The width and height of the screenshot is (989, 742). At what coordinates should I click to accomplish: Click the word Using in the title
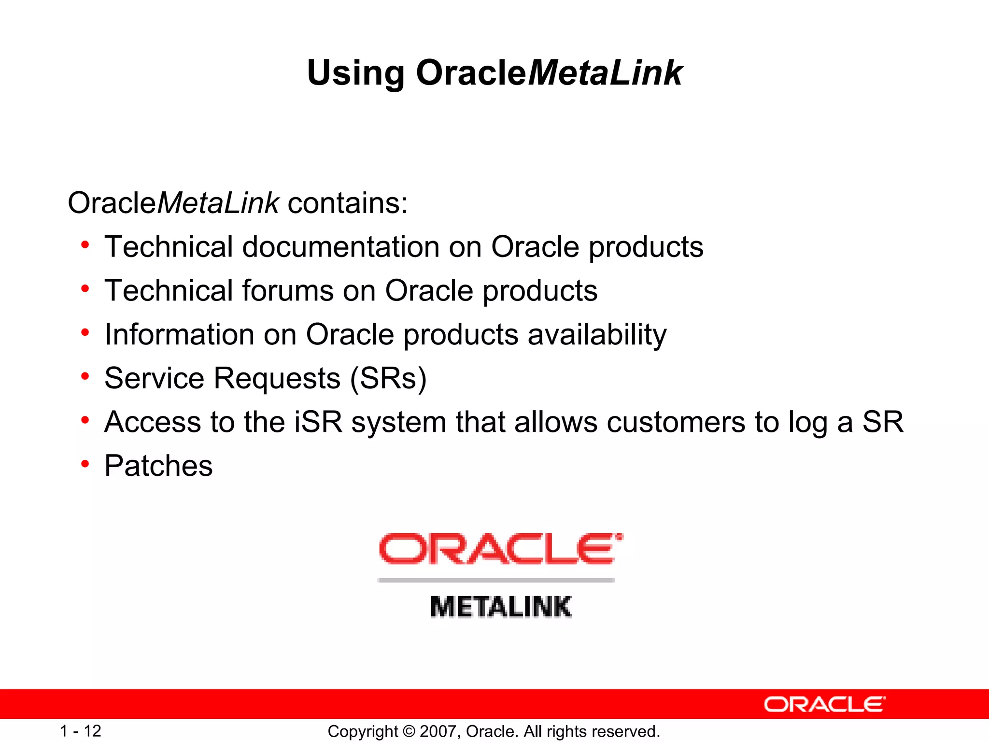(355, 73)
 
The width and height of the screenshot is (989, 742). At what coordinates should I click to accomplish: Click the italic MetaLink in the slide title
(605, 73)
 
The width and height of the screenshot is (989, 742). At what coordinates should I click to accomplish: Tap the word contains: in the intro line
(348, 203)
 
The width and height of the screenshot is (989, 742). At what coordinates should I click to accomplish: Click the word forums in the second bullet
(288, 291)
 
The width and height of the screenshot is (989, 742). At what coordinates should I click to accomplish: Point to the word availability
(597, 334)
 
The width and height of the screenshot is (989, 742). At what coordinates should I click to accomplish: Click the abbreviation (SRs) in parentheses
(389, 378)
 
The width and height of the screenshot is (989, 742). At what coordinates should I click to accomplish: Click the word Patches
(158, 466)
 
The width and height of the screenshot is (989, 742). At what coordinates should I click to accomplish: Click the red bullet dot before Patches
(85, 464)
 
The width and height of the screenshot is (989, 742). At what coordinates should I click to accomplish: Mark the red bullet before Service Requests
(85, 376)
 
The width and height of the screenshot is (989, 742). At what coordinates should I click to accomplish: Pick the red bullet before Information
(85, 333)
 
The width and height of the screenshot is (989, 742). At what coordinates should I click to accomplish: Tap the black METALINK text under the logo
(500, 607)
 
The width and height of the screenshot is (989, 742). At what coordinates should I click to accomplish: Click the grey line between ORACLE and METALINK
(496, 580)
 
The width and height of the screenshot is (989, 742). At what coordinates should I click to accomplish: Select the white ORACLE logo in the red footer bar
(824, 704)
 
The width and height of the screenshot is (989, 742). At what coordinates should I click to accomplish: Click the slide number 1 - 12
(80, 731)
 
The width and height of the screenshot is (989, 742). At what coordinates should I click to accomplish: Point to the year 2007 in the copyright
(438, 731)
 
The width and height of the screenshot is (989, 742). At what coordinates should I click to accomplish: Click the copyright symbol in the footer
(409, 731)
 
